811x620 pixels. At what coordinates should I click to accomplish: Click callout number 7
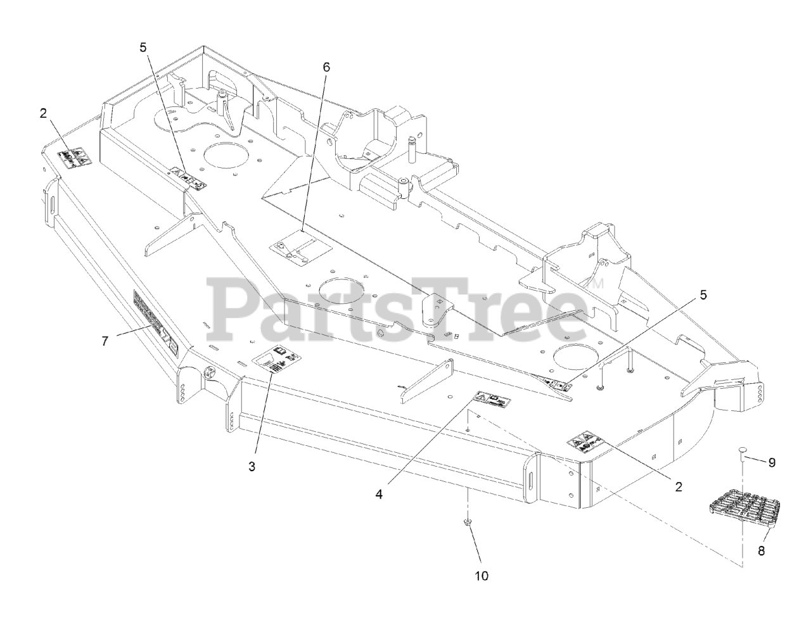[x=105, y=341]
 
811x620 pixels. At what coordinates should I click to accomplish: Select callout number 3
[x=252, y=467]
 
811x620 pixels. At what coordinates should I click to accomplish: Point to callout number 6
[x=326, y=66]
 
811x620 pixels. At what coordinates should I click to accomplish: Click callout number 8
[x=761, y=550]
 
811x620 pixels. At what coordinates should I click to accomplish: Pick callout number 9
[x=772, y=462]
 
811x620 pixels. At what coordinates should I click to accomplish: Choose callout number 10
[x=481, y=576]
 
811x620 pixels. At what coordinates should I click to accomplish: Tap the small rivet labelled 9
[x=743, y=451]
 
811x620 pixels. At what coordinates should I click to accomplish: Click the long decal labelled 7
[x=156, y=323]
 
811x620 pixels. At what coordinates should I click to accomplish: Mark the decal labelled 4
[x=492, y=400]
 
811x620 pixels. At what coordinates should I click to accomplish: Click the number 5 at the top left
[x=143, y=46]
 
